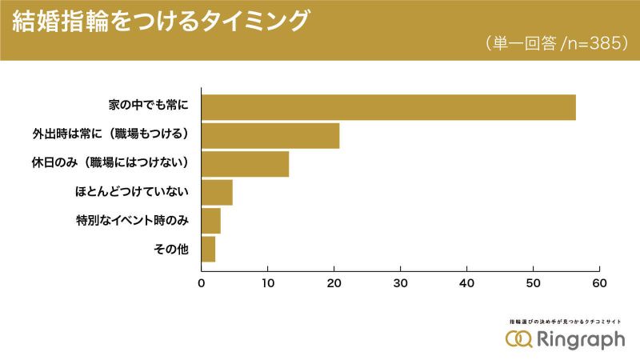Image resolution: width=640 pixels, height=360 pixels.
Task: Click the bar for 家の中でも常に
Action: pos(388,107)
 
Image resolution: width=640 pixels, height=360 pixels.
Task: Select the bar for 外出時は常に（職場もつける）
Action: pos(270,135)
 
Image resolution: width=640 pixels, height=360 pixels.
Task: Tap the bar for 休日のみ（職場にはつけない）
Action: pos(245,164)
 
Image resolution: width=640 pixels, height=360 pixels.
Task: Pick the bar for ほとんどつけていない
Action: pos(217,193)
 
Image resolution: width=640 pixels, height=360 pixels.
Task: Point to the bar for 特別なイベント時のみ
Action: pos(211,221)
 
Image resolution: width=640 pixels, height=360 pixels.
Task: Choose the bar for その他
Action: pos(208,250)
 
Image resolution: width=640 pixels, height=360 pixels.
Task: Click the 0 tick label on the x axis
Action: pos(202,282)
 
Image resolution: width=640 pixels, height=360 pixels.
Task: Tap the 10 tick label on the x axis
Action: pos(268,282)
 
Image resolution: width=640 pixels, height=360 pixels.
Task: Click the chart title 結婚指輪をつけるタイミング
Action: pos(159,21)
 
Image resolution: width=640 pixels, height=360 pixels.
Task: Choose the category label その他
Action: pos(170,250)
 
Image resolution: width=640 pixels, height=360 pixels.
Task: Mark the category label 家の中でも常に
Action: pos(150,107)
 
